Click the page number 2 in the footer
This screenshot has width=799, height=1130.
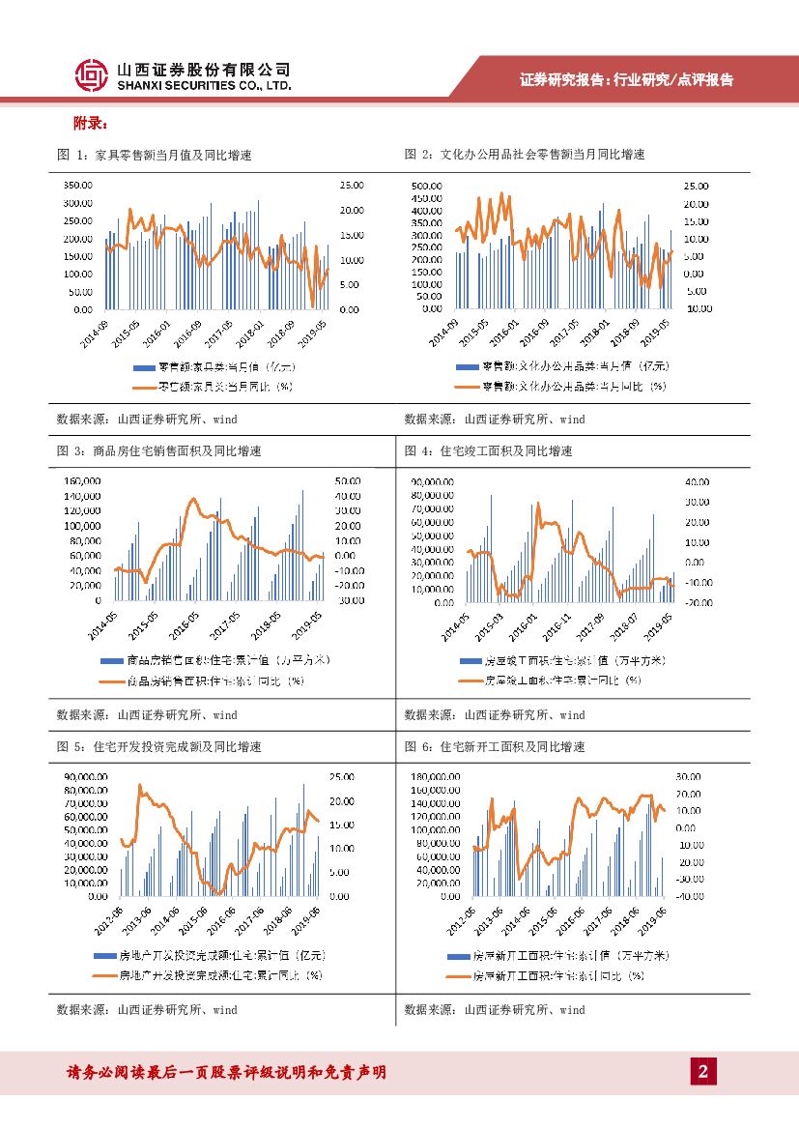pyautogui.click(x=703, y=1071)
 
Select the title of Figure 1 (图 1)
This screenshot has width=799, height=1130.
pyautogui.click(x=155, y=155)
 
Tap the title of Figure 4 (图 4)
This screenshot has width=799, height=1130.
pyautogui.click(x=488, y=450)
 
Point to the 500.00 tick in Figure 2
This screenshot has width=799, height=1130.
pyautogui.click(x=426, y=186)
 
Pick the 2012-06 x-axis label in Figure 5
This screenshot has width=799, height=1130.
pyautogui.click(x=109, y=919)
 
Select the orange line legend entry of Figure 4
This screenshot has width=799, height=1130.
pyautogui.click(x=550, y=680)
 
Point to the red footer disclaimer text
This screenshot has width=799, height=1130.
pyautogui.click(x=226, y=1071)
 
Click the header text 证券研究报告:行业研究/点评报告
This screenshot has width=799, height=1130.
pyautogui.click(x=626, y=80)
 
